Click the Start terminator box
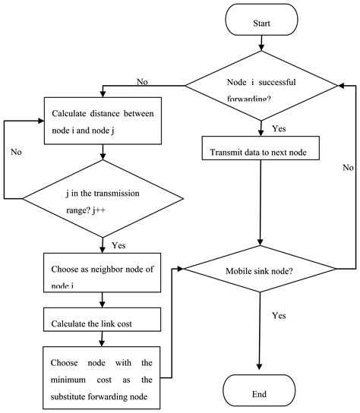pos(261,24)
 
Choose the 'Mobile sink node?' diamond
pos(261,270)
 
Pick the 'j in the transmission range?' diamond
pos(103,199)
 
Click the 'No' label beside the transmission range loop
pos(16,152)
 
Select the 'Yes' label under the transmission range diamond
pos(119,246)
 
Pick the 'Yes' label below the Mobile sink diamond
pos(279,314)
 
